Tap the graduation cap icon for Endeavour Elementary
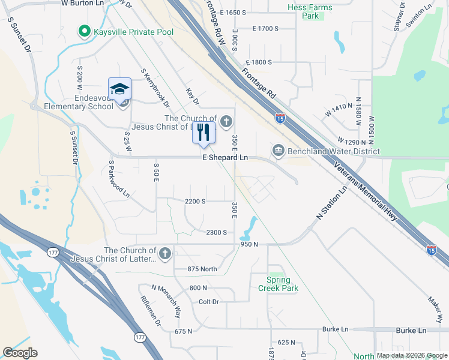[119, 89]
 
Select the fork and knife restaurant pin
[203, 131]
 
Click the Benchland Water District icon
[278, 150]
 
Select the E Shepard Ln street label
[225, 157]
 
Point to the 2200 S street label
[196, 202]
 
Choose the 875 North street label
[202, 269]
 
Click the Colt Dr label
[208, 301]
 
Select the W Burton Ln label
[83, 3]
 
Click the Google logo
[20, 353]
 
